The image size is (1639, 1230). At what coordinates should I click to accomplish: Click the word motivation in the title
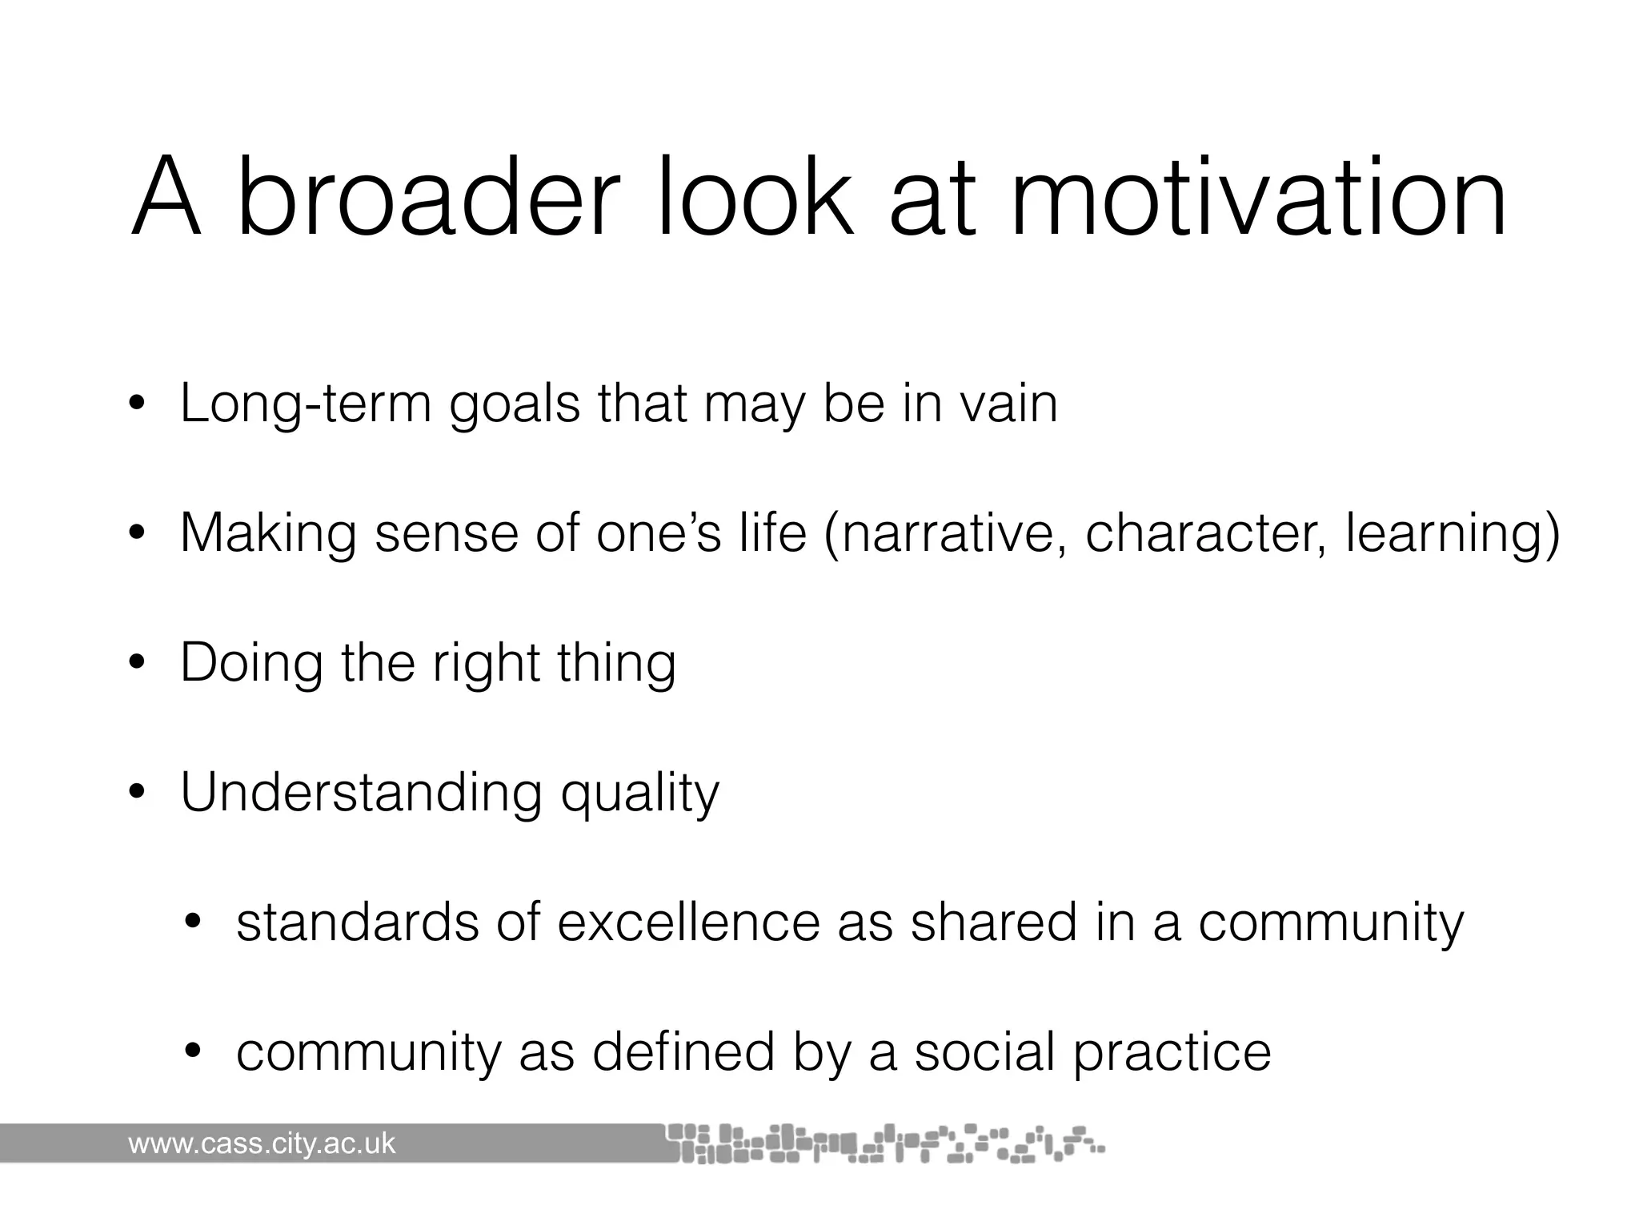(x=1258, y=198)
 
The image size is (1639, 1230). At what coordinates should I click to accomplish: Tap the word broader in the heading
(x=428, y=198)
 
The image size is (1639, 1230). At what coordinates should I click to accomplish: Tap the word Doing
(x=250, y=665)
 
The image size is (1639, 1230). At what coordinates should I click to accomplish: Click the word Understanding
(x=361, y=793)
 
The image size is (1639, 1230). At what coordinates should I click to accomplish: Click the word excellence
(x=688, y=922)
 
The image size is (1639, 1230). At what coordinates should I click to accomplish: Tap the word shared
(x=993, y=922)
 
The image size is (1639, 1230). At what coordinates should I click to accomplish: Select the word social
(x=984, y=1051)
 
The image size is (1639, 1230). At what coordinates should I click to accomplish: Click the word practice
(x=1172, y=1053)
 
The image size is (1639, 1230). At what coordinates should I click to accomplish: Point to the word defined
(x=683, y=1051)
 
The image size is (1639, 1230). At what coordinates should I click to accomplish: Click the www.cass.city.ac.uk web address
(x=262, y=1144)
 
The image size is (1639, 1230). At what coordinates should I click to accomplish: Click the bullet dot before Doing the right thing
(x=137, y=663)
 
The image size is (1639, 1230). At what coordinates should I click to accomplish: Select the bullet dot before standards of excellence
(x=192, y=922)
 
